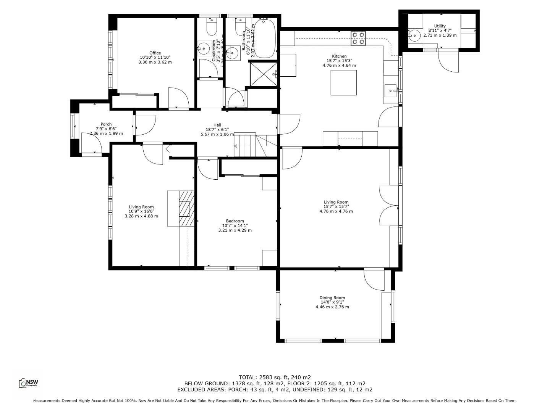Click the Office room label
155,53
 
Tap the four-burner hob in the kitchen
358,38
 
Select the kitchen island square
344,82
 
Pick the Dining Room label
332,298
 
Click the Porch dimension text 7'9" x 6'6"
106,129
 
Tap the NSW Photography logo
29,383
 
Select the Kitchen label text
339,56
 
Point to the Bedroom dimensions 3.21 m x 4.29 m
235,230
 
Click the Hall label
217,125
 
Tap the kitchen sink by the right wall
391,91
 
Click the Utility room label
440,26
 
